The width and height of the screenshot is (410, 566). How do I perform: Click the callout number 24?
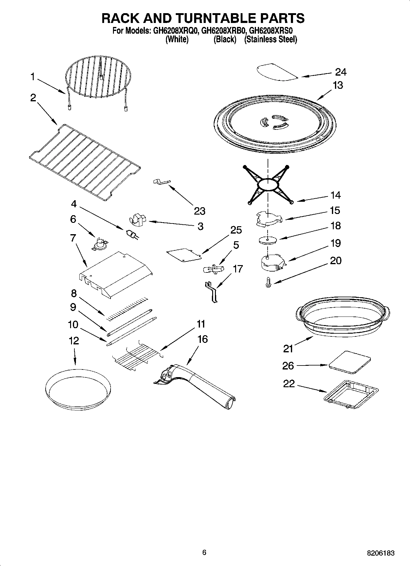pyautogui.click(x=341, y=72)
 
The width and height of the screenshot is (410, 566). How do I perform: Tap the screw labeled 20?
pyautogui.click(x=269, y=282)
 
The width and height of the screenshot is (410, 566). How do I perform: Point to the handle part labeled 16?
pyautogui.click(x=196, y=383)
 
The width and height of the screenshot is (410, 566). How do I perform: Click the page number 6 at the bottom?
pyautogui.click(x=204, y=552)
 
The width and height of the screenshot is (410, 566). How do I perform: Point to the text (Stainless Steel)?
pyautogui.click(x=270, y=39)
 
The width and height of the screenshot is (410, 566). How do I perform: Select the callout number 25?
pyautogui.click(x=236, y=230)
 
